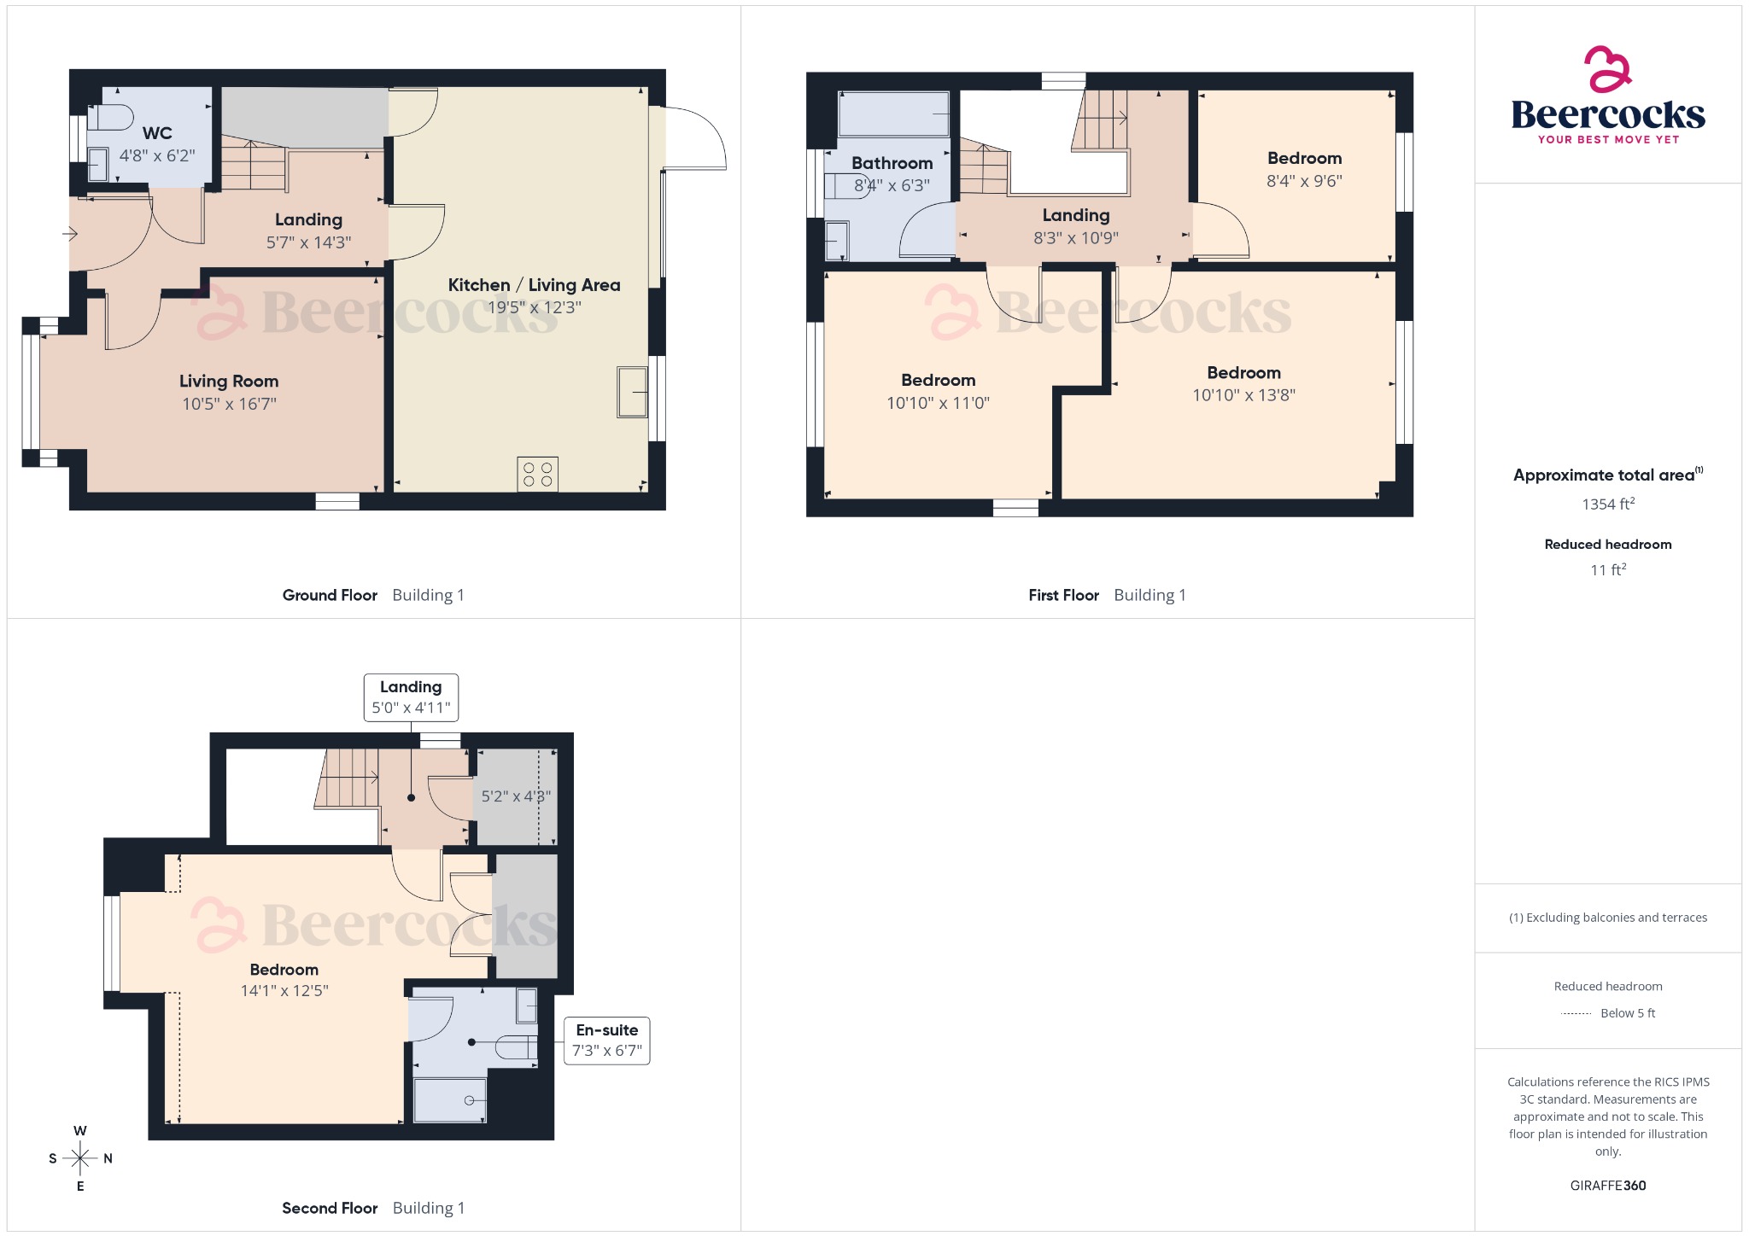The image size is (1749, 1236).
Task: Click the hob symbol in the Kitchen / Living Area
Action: [537, 475]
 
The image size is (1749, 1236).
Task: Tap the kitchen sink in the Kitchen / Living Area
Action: [632, 392]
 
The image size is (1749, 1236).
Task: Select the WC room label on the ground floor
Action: [157, 133]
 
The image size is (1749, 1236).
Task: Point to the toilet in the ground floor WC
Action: [110, 117]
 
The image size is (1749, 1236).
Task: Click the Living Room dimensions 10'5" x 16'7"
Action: [229, 404]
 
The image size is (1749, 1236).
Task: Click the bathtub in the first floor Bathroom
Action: [893, 114]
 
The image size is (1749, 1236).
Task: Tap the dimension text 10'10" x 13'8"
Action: [1243, 395]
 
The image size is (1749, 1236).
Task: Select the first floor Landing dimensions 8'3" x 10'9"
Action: [1075, 238]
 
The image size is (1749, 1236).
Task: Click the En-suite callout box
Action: [606, 1041]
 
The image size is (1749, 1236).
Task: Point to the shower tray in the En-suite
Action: [450, 1100]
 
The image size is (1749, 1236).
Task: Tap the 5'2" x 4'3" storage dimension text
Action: [516, 796]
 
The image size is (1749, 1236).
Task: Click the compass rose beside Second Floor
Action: [80, 1158]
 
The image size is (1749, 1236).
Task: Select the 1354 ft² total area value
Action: [1607, 504]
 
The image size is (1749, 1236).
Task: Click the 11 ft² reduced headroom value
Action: [1607, 569]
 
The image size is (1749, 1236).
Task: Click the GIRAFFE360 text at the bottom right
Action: [1607, 1185]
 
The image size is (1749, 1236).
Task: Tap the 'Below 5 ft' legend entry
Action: [1627, 1013]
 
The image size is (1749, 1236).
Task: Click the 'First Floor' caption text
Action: [1063, 595]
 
